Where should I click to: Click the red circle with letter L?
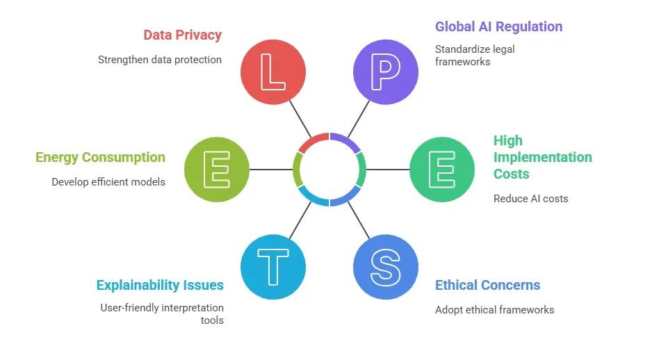click(x=272, y=72)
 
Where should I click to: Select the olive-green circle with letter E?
click(x=216, y=169)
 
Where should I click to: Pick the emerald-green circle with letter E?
click(x=442, y=169)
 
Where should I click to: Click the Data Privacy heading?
click(x=182, y=35)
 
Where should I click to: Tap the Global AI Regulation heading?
click(x=498, y=27)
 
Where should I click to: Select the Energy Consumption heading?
click(x=100, y=157)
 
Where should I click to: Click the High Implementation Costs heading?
click(x=542, y=157)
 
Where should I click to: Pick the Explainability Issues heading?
click(x=160, y=285)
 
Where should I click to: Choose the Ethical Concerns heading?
click(x=487, y=285)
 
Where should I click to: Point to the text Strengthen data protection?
click(x=159, y=60)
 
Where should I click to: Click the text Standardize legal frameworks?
click(x=475, y=56)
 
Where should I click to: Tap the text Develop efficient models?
click(x=108, y=182)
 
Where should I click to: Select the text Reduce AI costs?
click(x=530, y=199)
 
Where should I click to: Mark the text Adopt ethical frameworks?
click(x=494, y=310)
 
